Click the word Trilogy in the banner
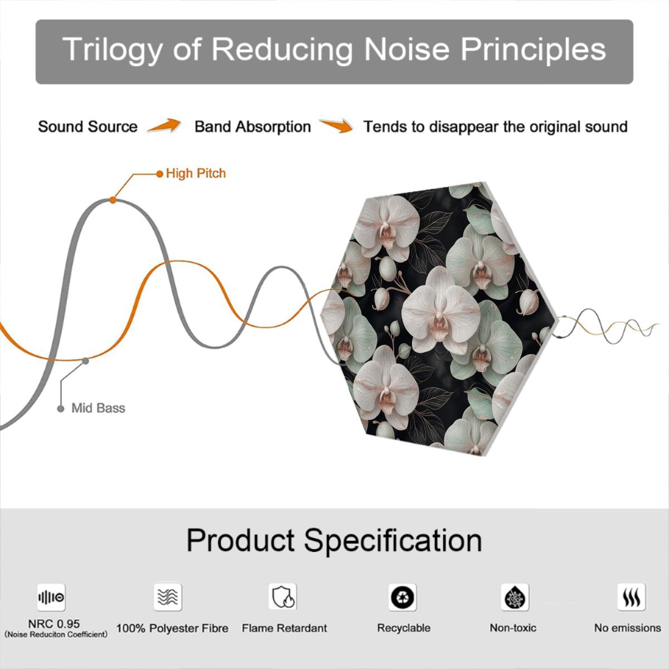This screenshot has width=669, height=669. (x=112, y=50)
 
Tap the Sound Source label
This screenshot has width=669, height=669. (x=88, y=127)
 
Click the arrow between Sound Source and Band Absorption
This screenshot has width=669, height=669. (x=164, y=125)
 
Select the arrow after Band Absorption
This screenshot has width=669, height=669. (x=336, y=125)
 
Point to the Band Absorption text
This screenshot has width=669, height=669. (x=253, y=127)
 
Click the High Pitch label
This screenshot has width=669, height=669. (x=196, y=173)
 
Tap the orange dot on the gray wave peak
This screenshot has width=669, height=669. (x=113, y=200)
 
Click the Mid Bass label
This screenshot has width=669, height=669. (x=98, y=408)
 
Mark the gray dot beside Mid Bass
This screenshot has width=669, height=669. (x=61, y=409)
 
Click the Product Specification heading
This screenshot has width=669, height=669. (x=334, y=541)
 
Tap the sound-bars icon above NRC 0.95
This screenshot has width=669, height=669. (x=51, y=597)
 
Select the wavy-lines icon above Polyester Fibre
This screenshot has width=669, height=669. (x=168, y=597)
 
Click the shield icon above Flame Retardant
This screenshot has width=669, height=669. (x=283, y=597)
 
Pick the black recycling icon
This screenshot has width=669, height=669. (x=403, y=597)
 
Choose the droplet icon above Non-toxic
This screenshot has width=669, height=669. (x=515, y=597)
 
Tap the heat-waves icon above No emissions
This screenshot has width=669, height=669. (x=632, y=597)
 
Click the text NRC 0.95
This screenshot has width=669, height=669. (x=54, y=623)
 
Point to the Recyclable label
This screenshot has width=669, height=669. (x=404, y=628)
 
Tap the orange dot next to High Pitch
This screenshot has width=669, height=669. (x=159, y=173)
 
